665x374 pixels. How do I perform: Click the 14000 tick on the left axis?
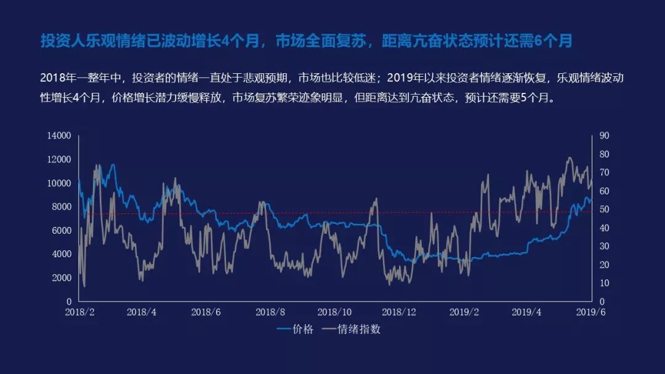(59, 135)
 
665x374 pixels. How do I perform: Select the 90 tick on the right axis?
(604, 135)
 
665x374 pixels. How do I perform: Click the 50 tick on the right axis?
(604, 209)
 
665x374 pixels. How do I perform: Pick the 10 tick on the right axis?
(604, 283)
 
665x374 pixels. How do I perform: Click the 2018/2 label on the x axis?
(79, 312)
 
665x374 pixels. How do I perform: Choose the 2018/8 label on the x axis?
(270, 312)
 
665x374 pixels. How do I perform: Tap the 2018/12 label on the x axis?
(398, 312)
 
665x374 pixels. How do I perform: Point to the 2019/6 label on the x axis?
(590, 312)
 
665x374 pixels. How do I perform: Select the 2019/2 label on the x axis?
(464, 312)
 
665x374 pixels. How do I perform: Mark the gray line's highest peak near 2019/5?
(569, 157)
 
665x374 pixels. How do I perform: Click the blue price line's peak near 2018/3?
(113, 165)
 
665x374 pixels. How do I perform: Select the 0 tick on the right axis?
(602, 302)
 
